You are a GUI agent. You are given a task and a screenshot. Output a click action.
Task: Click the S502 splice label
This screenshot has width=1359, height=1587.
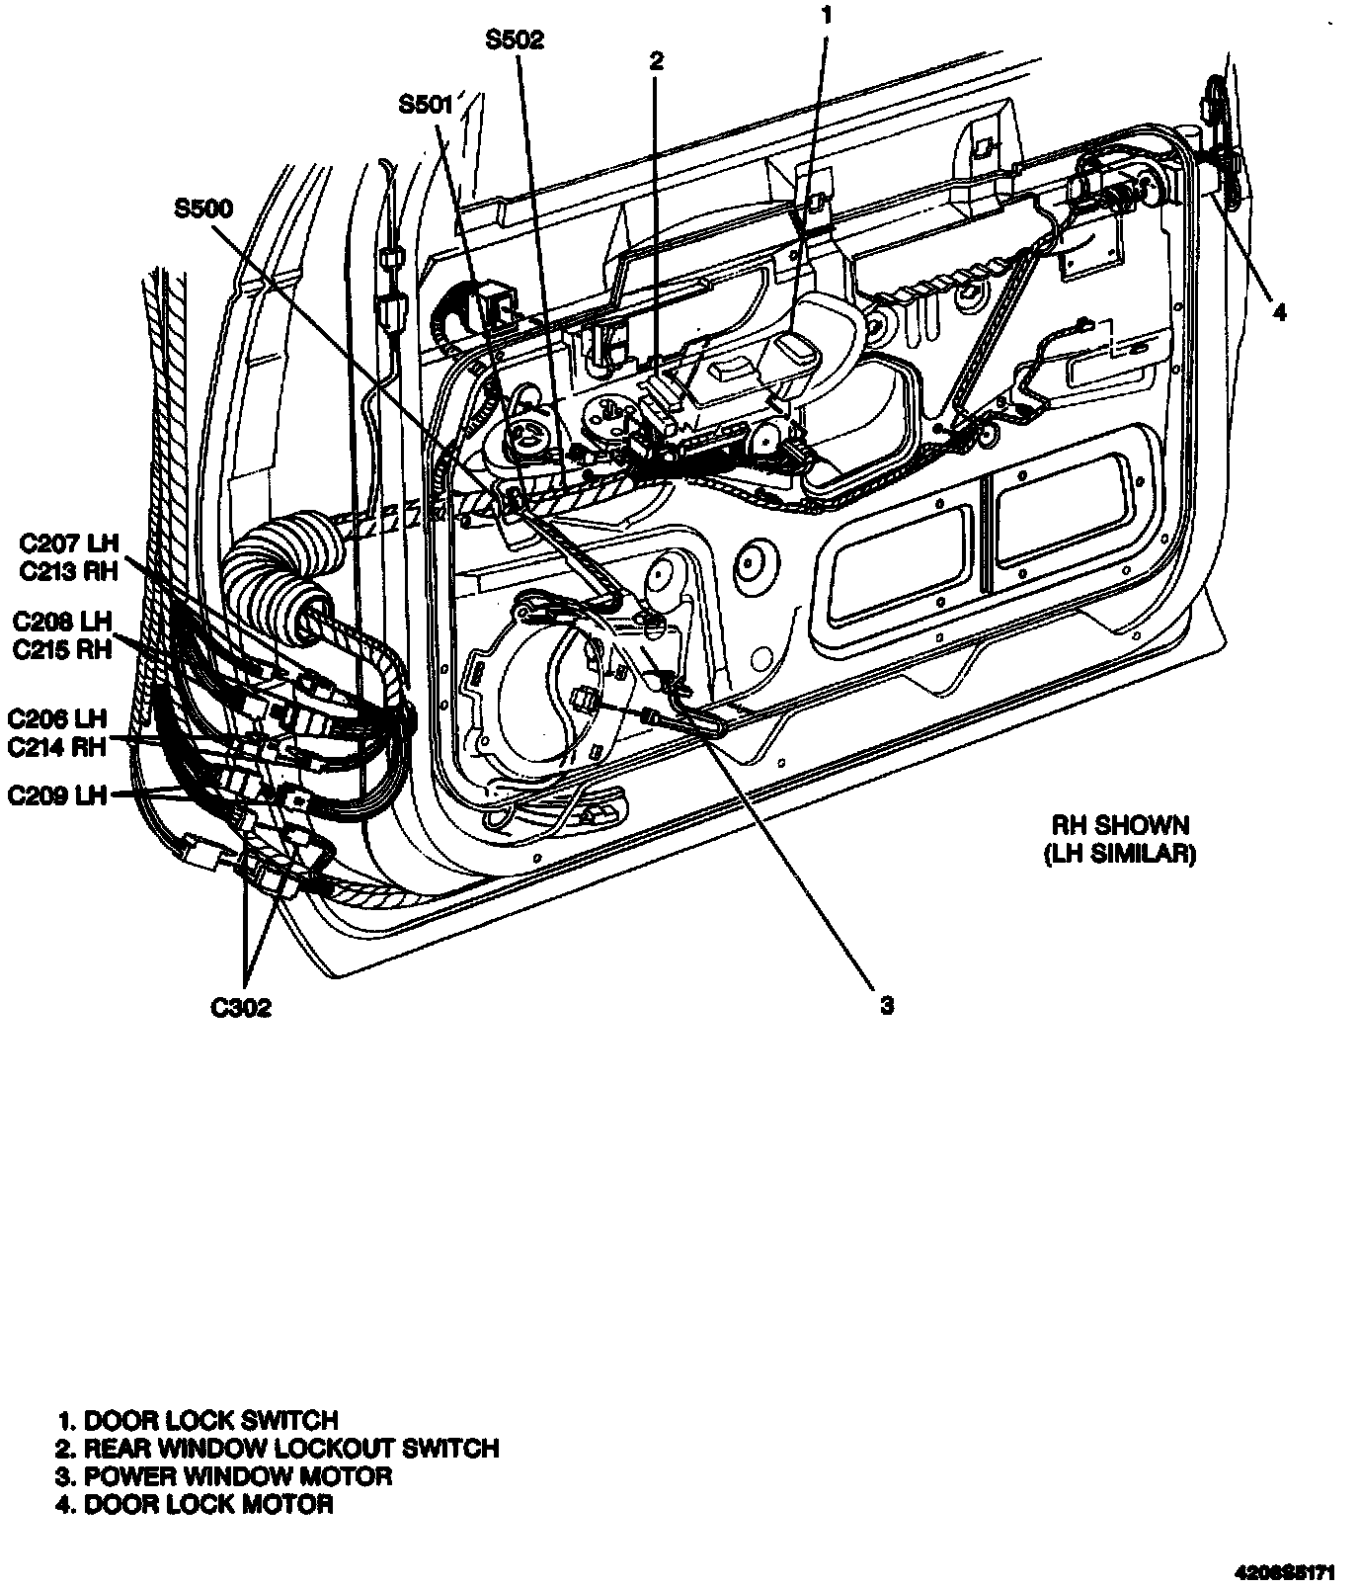[x=515, y=40]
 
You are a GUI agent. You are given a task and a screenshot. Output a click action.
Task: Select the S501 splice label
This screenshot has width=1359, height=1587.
[x=426, y=104]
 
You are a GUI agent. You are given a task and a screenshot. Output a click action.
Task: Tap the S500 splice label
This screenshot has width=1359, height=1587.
[x=203, y=209]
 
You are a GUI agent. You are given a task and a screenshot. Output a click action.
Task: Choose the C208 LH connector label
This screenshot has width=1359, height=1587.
[x=63, y=622]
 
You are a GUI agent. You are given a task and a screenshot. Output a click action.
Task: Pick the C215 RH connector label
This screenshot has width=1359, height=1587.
[x=63, y=650]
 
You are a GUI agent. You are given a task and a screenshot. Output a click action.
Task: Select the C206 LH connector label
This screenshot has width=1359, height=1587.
[x=57, y=718]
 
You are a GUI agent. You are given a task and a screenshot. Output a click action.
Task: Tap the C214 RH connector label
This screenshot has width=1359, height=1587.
[x=57, y=746]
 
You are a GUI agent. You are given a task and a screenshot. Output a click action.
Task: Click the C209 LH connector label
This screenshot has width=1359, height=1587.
[x=57, y=795]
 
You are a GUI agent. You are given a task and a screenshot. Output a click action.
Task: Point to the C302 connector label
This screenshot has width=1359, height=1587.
[x=241, y=1008]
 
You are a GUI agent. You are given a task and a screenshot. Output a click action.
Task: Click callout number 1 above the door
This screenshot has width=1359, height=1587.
[x=827, y=15]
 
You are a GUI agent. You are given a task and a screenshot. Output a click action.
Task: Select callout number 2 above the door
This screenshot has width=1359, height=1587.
[x=656, y=61]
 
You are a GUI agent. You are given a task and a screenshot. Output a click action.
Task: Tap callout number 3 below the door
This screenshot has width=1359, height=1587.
[x=887, y=1005]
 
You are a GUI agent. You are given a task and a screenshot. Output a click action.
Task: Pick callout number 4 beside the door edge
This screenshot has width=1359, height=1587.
[x=1279, y=313]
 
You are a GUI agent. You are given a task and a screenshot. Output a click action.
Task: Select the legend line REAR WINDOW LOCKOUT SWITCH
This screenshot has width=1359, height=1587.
[x=278, y=1449]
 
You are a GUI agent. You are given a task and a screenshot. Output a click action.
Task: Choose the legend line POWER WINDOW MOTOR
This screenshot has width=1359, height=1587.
[x=224, y=1476]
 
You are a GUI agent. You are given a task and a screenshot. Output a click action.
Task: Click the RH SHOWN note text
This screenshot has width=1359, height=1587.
[x=1119, y=825]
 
